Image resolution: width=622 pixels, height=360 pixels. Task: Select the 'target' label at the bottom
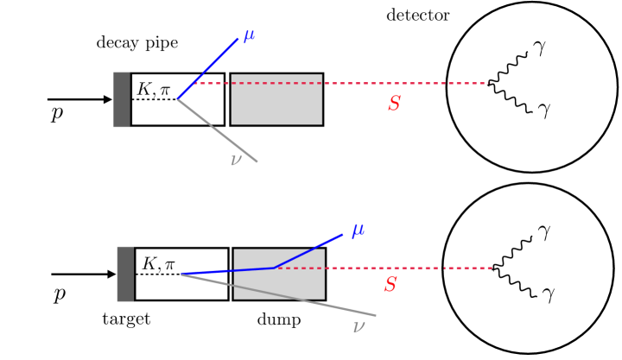click(126, 319)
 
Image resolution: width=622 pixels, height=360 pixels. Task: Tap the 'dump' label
click(279, 319)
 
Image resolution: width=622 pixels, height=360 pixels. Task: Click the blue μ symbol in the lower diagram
click(357, 231)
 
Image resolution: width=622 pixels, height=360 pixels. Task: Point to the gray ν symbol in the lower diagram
click(359, 325)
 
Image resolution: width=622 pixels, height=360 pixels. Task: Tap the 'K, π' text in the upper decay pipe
click(155, 87)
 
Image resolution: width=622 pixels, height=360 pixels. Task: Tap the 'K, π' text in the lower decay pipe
click(160, 262)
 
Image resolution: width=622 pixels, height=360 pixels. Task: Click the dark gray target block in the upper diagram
click(122, 99)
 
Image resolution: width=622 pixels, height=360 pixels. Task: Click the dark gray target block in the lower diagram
click(125, 274)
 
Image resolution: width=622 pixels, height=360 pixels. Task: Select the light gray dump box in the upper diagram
click(276, 99)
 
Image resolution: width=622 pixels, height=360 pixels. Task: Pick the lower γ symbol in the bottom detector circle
click(548, 294)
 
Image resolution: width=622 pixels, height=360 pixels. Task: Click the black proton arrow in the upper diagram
click(79, 99)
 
